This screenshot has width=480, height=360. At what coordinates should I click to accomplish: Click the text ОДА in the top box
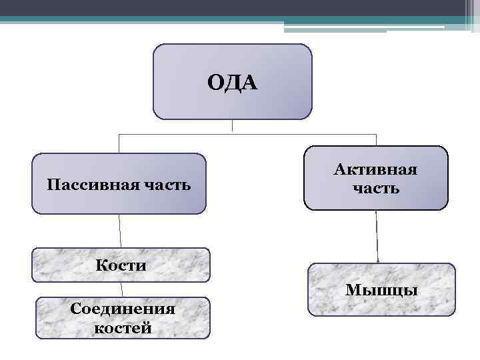(x=232, y=83)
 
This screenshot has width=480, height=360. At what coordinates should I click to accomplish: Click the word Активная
(x=376, y=170)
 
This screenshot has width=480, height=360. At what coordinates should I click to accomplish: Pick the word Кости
(x=121, y=265)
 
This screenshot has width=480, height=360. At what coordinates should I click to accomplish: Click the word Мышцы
(x=381, y=290)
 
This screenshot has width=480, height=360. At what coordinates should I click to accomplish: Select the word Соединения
(x=123, y=309)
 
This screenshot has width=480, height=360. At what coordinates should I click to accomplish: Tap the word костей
(x=123, y=327)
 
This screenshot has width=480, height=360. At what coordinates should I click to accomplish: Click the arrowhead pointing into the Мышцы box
(x=379, y=261)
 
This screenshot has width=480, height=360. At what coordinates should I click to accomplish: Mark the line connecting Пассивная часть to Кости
(x=120, y=231)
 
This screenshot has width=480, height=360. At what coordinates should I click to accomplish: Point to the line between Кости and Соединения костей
(x=122, y=289)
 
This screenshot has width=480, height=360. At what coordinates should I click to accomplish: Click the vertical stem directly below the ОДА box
(x=232, y=126)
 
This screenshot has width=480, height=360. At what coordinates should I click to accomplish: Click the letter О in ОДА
(x=215, y=83)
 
